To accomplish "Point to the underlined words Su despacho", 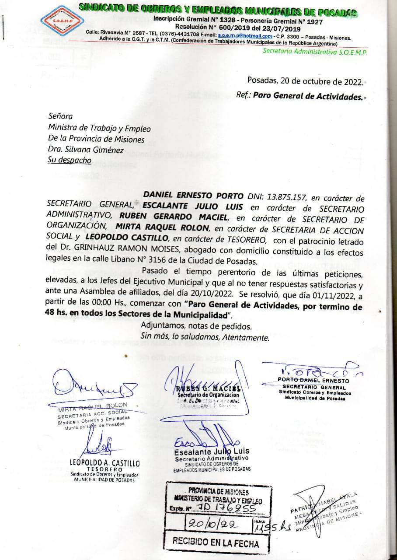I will coord(69,160).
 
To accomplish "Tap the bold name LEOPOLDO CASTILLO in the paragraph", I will coord(127,238).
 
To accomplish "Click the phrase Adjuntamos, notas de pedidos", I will coord(196,326).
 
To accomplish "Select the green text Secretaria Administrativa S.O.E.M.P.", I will coord(315,52).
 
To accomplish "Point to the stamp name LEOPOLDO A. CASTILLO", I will coord(105,462).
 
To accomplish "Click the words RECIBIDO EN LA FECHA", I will coord(215,543).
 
